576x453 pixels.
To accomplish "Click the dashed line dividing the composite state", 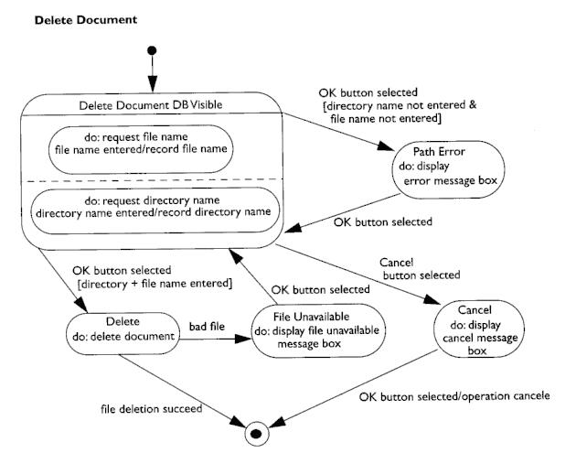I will (x=154, y=180).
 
